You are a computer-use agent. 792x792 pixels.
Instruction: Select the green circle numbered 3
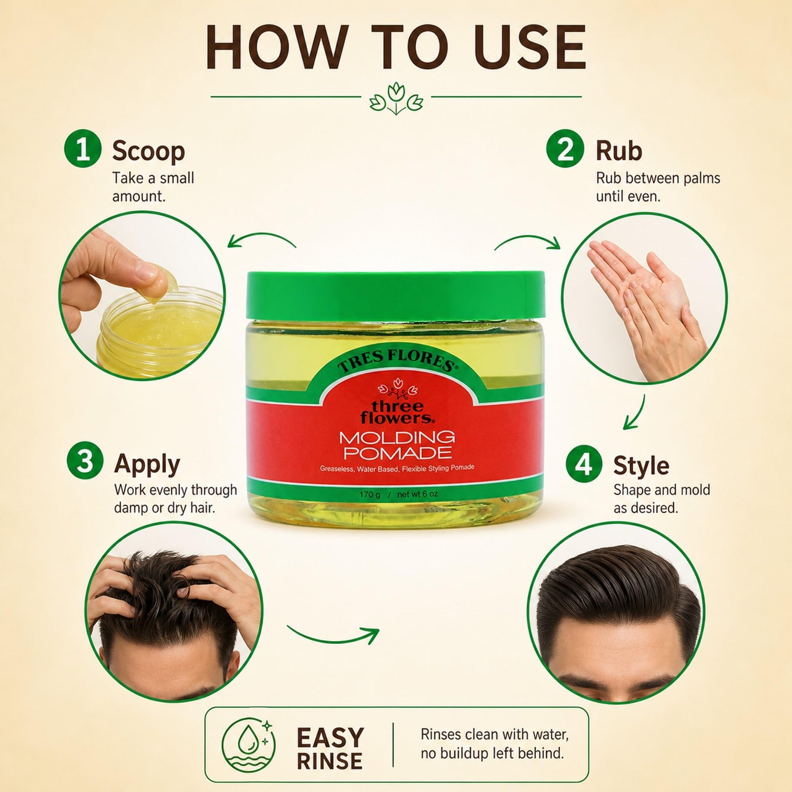[x=85, y=462]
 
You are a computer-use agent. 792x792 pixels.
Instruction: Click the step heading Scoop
[x=148, y=151]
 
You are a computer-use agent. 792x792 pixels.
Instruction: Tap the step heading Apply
[x=147, y=464]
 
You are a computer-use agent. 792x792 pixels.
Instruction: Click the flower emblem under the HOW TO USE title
[x=396, y=99]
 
